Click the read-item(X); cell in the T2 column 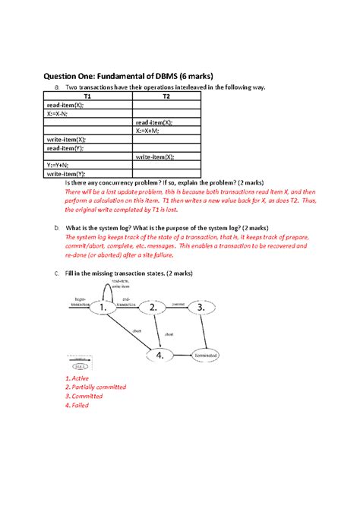pyautogui.click(x=155, y=122)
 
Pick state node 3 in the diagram pyautogui.click(x=201, y=308)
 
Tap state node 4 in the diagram pyautogui.click(x=159, y=355)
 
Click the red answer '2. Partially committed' pyautogui.click(x=96, y=387)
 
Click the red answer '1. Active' pyautogui.click(x=77, y=378)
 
